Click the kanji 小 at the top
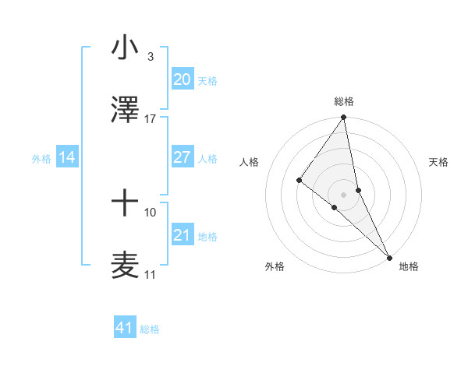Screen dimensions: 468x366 [125, 49]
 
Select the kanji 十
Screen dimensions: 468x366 [125, 205]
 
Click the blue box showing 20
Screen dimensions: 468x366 [182, 79]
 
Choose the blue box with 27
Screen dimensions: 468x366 [182, 157]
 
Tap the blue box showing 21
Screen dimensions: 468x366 [182, 235]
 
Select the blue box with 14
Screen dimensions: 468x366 [67, 157]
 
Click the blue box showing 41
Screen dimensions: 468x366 [125, 328]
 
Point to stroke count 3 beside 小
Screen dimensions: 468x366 [150, 57]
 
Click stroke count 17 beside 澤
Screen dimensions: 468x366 [150, 119]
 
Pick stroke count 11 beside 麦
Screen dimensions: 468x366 [150, 275]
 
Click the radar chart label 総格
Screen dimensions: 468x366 [344, 101]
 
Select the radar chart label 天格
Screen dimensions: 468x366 [438, 162]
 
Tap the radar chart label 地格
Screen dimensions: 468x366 [409, 266]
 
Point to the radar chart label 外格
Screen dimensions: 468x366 [275, 266]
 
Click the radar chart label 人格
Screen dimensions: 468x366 [250, 162]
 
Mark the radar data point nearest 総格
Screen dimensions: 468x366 [344, 118]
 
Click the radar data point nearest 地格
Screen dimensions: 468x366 [388, 256]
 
